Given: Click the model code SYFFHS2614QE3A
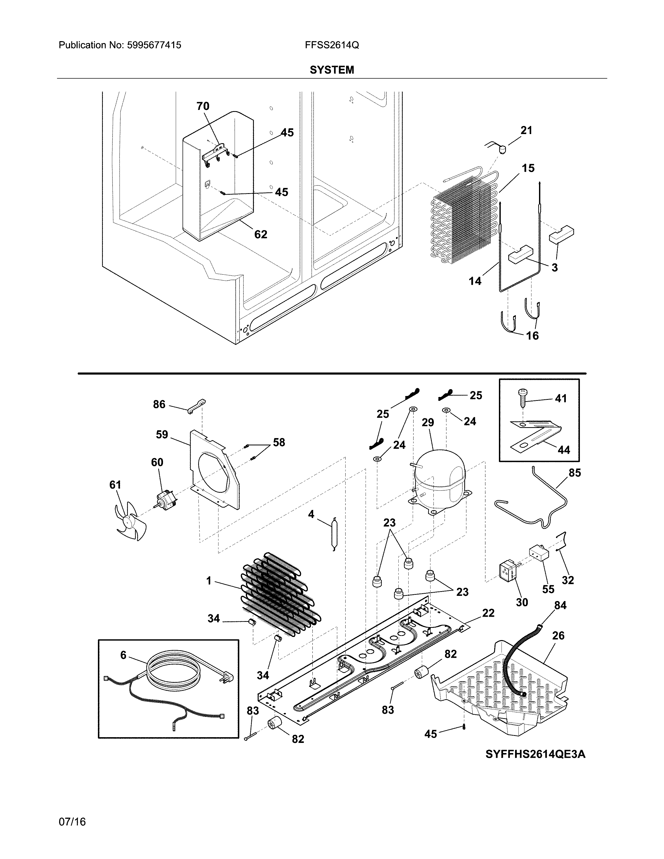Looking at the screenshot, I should [x=535, y=754].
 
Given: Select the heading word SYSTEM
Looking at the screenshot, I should [x=331, y=70].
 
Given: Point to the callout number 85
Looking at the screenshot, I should [x=575, y=473].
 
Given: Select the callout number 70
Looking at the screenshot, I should [x=203, y=106].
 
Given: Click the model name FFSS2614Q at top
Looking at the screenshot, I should [x=331, y=45].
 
